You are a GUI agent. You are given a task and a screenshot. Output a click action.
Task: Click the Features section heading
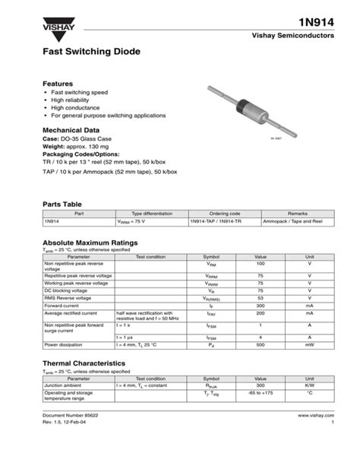coord(58,84)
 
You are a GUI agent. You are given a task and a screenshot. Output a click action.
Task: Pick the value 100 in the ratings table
coord(261,263)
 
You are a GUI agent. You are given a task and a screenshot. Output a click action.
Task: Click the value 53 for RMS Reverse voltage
coord(261,297)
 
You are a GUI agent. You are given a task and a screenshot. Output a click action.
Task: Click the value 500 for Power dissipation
coord(261,344)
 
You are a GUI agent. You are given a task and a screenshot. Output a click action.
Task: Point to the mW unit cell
coord(309,344)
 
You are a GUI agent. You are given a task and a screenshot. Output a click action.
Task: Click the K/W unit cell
coord(309,385)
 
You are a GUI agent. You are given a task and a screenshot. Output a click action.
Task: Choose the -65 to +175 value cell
coord(261,393)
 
